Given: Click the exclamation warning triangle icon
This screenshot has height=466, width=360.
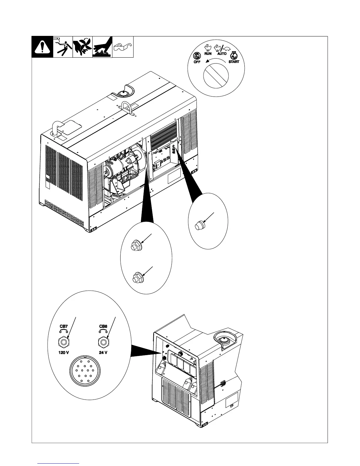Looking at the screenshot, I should pyautogui.click(x=42, y=47).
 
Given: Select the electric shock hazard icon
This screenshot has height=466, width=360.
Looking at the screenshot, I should pyautogui.click(x=63, y=46).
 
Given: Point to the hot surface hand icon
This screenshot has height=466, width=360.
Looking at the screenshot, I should pyautogui.click(x=102, y=47).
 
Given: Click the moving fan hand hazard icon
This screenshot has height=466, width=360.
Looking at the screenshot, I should pyautogui.click(x=83, y=46).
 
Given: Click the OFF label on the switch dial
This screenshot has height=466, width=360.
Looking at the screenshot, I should pyautogui.click(x=197, y=62).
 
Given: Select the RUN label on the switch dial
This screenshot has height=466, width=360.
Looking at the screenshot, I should pyautogui.click(x=208, y=54).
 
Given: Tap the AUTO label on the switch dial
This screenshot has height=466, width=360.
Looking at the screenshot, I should pyautogui.click(x=222, y=54).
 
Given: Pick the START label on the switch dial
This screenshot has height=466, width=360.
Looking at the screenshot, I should pyautogui.click(x=234, y=62).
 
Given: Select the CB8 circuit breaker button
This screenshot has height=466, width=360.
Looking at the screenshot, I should pyautogui.click(x=103, y=342).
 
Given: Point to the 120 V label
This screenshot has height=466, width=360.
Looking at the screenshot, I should pyautogui.click(x=64, y=353).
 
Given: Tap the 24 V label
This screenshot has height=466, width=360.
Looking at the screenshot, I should pyautogui.click(x=103, y=353).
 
